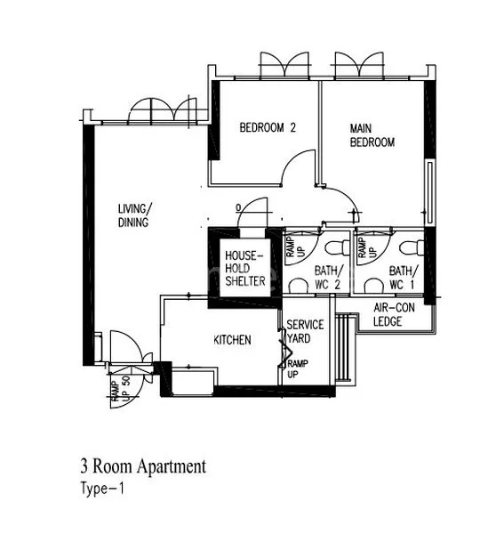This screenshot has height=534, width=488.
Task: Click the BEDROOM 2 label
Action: click(x=267, y=128)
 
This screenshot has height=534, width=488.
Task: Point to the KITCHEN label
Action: click(x=232, y=340)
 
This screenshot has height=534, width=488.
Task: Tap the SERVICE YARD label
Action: click(x=305, y=331)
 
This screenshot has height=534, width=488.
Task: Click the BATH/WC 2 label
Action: click(x=327, y=277)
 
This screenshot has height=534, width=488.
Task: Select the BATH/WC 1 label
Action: click(x=401, y=277)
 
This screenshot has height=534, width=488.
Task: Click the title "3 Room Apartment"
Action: click(x=142, y=465)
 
